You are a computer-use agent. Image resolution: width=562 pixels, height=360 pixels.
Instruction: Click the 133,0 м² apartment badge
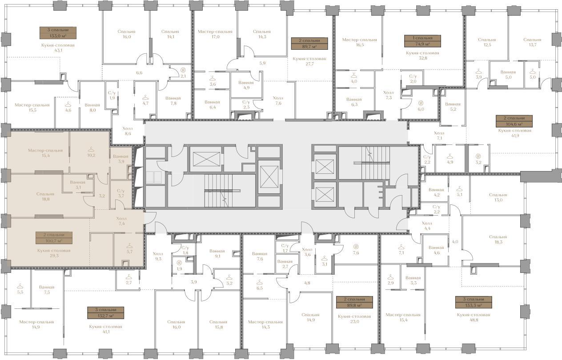click(x=58, y=33)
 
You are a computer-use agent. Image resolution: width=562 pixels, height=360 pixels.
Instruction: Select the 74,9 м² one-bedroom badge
click(x=422, y=41)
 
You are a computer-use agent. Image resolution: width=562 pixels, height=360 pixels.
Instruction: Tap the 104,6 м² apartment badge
click(x=514, y=121)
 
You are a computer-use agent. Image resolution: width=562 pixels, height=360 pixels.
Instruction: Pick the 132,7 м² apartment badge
click(x=106, y=312)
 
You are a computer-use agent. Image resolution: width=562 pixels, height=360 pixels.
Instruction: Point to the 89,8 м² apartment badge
click(x=354, y=302)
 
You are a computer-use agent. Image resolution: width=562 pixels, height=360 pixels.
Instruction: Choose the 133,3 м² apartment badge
click(x=474, y=302)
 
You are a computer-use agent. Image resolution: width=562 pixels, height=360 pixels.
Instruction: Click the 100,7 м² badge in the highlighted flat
click(x=54, y=238)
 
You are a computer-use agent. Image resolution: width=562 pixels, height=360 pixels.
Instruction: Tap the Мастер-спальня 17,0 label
click(x=215, y=34)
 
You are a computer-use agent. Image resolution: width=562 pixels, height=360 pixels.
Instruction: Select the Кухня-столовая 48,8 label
click(x=474, y=317)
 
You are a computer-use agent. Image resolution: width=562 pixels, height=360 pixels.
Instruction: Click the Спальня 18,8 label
click(x=45, y=196)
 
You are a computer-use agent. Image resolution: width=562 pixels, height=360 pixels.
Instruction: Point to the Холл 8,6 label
click(x=128, y=131)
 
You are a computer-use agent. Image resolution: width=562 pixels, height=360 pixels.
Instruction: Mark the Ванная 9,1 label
click(x=217, y=254)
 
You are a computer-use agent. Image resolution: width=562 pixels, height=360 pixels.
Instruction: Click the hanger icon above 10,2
click(x=91, y=149)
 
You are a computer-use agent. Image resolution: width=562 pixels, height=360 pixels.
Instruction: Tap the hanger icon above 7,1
click(x=401, y=247)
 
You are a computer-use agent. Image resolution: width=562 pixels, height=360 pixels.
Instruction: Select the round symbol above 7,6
click(x=356, y=247)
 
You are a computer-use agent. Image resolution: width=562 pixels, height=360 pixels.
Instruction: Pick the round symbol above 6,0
click(x=421, y=103)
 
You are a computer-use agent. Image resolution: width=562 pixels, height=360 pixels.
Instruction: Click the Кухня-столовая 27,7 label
click(x=309, y=61)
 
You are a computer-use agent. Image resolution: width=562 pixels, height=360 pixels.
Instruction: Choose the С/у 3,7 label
click(x=120, y=193)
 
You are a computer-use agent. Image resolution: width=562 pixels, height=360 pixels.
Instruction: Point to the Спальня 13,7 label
click(x=532, y=42)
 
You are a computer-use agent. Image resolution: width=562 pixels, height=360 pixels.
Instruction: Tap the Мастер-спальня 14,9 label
click(x=36, y=324)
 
